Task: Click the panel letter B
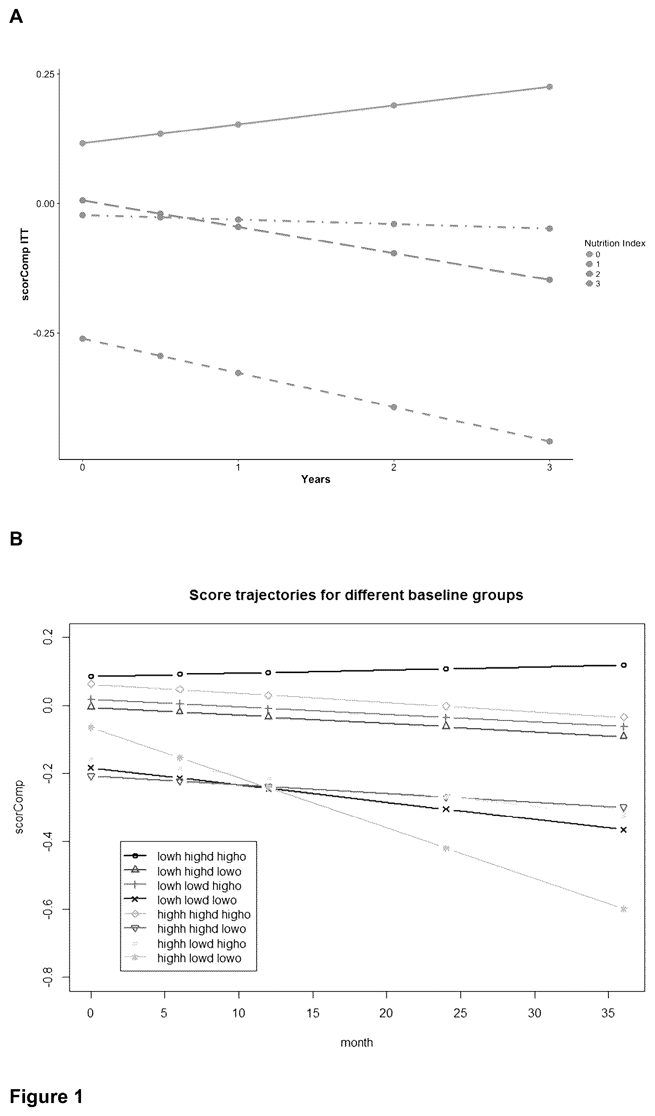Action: point(16,539)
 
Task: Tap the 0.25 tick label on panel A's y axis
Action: point(45,74)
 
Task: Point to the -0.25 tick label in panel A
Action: point(43,333)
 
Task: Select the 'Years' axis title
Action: point(316,479)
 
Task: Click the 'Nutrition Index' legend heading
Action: point(615,243)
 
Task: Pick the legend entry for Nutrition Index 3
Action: point(593,283)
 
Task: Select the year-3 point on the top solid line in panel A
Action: point(549,86)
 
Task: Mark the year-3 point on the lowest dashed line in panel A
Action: point(549,441)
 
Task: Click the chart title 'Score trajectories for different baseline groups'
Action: point(356,595)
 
